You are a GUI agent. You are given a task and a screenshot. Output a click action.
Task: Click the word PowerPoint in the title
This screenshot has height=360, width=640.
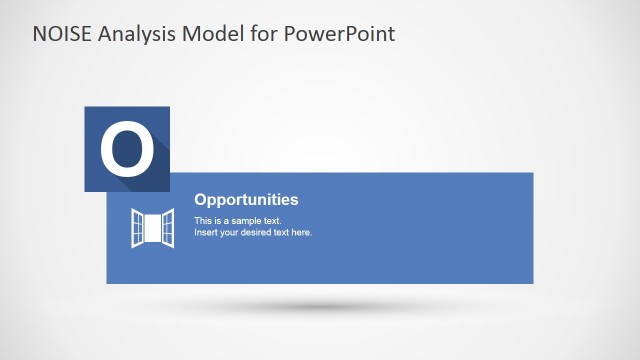pos(340,34)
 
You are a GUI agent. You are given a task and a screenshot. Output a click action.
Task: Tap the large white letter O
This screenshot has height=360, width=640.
pos(127,150)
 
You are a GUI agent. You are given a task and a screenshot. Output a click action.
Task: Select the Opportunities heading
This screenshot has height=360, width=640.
pos(246,200)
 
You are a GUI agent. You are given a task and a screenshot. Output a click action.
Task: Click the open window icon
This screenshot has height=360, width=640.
pos(152,228)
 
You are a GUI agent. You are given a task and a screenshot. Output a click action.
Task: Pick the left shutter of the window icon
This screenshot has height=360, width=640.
pos(137,228)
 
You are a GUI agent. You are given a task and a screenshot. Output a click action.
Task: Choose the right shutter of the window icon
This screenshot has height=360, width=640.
pos(168,228)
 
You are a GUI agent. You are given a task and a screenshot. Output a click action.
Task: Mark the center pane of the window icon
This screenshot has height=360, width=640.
pos(152,228)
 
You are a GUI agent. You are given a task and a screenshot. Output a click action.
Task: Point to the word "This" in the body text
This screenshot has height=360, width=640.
pos(203,220)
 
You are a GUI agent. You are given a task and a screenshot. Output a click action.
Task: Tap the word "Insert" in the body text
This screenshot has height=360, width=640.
pos(206,232)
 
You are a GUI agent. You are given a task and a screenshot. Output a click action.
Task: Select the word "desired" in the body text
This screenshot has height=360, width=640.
pos(259,232)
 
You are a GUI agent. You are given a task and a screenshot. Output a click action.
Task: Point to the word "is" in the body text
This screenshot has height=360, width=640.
pos(219,220)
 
